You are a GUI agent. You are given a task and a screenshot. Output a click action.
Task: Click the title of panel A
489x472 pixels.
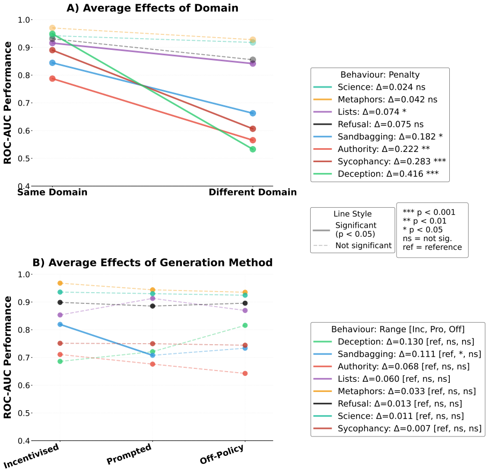152,8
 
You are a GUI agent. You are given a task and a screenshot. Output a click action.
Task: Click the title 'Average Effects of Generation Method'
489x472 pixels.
160,263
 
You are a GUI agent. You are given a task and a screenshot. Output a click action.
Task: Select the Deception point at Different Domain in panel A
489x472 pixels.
253,149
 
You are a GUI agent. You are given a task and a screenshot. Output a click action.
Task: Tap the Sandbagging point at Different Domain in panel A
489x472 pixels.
253,113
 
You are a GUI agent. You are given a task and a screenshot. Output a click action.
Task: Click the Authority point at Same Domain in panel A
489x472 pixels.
53,78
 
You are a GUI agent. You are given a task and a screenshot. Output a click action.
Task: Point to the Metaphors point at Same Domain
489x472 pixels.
53,28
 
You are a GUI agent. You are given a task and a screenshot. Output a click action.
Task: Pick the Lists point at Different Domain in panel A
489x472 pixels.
253,63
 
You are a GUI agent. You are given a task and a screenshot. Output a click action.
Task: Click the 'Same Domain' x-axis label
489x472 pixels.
52,192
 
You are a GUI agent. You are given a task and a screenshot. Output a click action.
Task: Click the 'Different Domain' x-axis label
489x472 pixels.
253,192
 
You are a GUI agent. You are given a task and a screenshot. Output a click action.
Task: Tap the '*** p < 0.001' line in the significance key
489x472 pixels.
429,212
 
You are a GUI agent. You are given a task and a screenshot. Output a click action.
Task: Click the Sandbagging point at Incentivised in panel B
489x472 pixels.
60,324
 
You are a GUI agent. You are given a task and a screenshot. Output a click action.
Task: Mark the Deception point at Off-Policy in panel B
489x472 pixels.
245,325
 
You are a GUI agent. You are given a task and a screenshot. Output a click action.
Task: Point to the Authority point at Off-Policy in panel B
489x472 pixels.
245,373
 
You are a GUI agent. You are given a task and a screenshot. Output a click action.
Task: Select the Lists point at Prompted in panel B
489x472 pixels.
152,298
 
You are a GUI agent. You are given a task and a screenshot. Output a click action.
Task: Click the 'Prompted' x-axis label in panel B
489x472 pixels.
129,454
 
